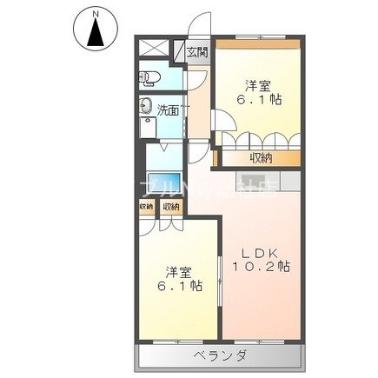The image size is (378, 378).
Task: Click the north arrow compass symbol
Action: (x=96, y=33)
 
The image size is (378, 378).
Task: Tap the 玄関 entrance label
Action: (x=196, y=52)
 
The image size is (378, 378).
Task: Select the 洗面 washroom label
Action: (x=168, y=110)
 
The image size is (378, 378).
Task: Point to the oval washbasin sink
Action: (x=146, y=109)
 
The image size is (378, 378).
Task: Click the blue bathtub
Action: (x=162, y=183)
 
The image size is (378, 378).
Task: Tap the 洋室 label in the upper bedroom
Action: (x=257, y=86)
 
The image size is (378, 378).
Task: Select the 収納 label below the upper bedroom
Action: (x=261, y=157)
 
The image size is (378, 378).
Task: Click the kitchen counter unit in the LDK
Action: (x=252, y=182)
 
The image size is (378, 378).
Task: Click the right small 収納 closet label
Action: (x=170, y=206)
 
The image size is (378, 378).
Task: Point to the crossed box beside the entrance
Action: (x=155, y=50)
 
